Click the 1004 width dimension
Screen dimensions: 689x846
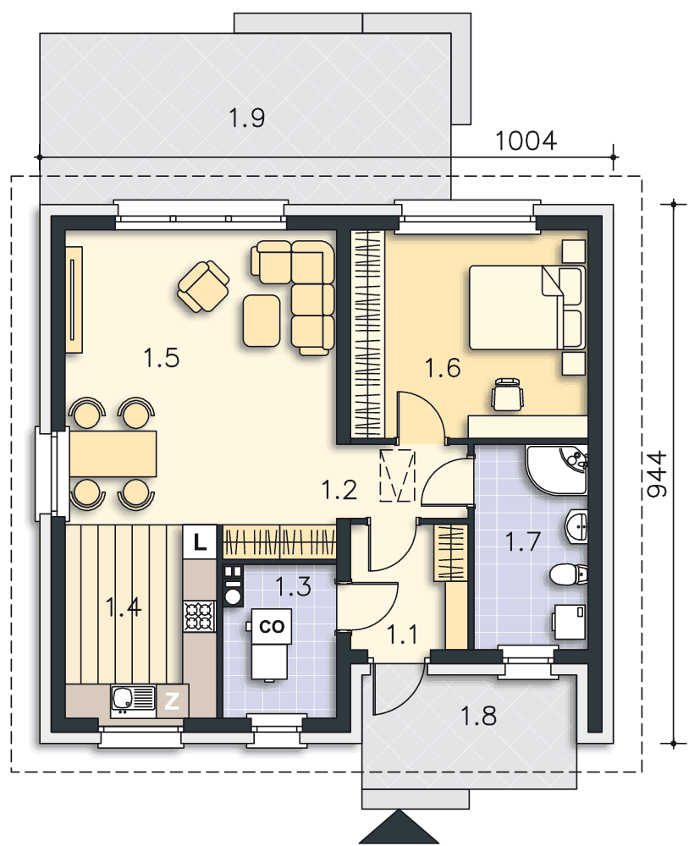pyautogui.click(x=526, y=140)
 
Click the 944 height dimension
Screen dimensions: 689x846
pyautogui.click(x=656, y=474)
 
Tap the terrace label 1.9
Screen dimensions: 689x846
pyautogui.click(x=247, y=118)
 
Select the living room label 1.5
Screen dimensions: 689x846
pyautogui.click(x=162, y=358)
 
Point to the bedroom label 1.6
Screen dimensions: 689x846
pyautogui.click(x=443, y=368)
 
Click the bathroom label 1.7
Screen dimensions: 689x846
pyautogui.click(x=523, y=541)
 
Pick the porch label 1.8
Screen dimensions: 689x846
pyautogui.click(x=478, y=716)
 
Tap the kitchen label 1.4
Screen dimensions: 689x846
pyautogui.click(x=124, y=607)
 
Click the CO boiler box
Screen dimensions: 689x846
pyautogui.click(x=272, y=626)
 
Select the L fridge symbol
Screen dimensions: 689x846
pyautogui.click(x=200, y=541)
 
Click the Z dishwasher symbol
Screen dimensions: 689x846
pyautogui.click(x=172, y=701)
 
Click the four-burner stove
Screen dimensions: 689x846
pyautogui.click(x=200, y=616)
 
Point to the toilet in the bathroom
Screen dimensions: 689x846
pyautogui.click(x=568, y=574)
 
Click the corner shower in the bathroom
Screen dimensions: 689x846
pyautogui.click(x=557, y=470)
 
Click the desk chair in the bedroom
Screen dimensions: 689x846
pyautogui.click(x=508, y=394)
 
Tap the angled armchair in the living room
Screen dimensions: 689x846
pyautogui.click(x=203, y=287)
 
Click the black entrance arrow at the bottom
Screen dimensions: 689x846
pyautogui.click(x=399, y=827)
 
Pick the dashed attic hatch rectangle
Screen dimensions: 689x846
pyautogui.click(x=398, y=475)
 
